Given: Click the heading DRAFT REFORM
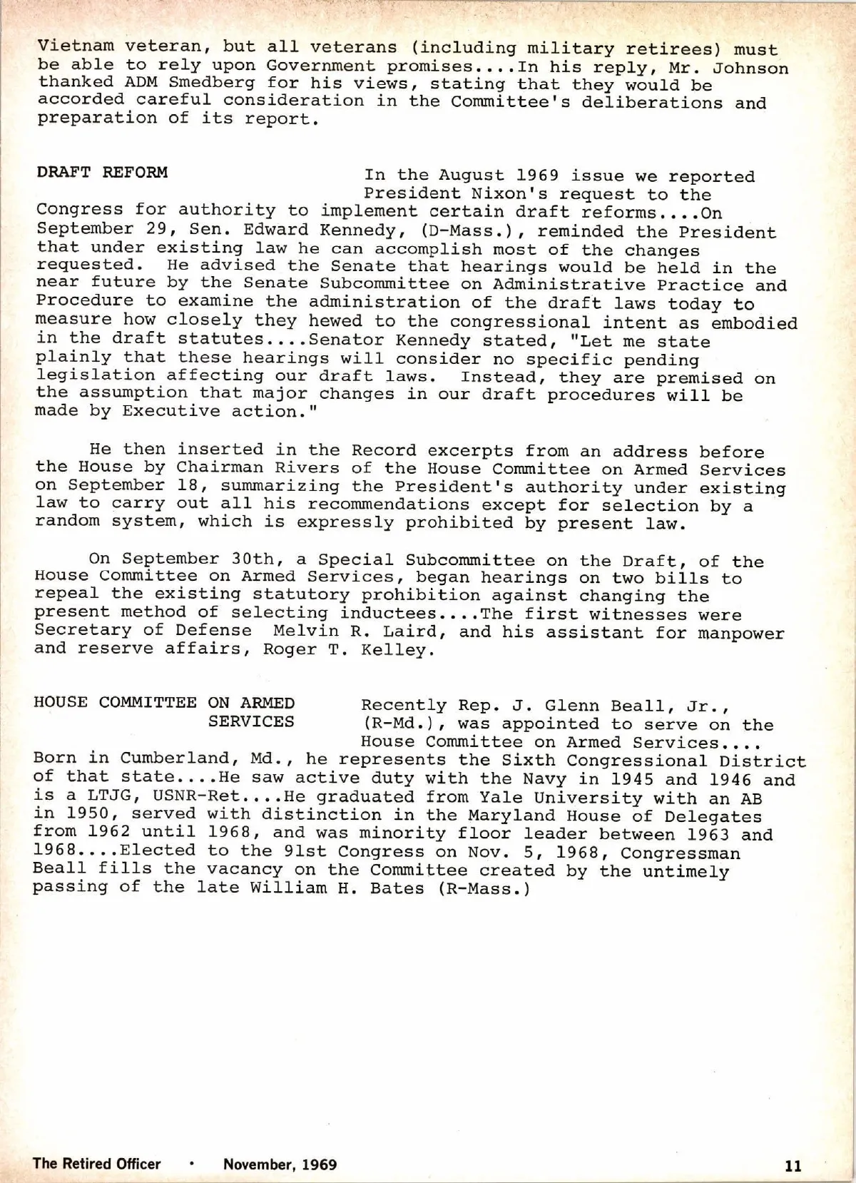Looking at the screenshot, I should coord(102,173).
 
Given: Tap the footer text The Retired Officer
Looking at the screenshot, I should coord(97,1164).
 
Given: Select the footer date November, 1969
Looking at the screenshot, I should coord(280,1164).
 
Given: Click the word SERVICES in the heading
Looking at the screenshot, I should coord(251,721).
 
